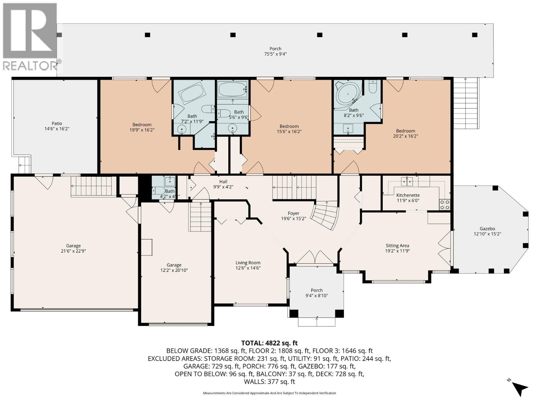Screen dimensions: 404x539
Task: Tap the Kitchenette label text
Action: pos(408,195)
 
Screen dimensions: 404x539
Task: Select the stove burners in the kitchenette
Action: pos(445,205)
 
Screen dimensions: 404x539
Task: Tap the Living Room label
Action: pos(248,263)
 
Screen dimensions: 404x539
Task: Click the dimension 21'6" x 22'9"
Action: pos(73,251)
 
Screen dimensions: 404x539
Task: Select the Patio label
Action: pos(57,123)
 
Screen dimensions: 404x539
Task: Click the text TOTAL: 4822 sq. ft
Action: pos(269,343)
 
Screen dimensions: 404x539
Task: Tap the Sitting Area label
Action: pos(397,245)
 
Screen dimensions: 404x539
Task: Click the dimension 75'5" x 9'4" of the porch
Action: pos(275,54)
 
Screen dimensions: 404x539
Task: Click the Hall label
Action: pos(223,181)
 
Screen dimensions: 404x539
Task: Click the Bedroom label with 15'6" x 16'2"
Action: pos(289,126)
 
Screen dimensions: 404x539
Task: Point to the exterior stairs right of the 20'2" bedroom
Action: pos(466,103)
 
